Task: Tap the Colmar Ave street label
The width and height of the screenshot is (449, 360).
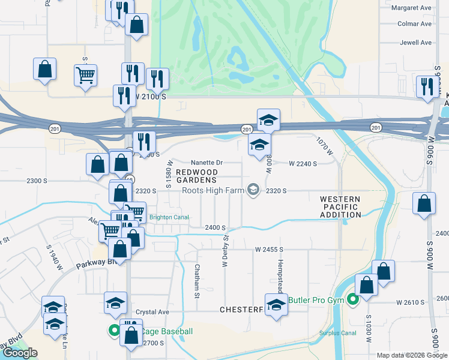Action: tap(414, 24)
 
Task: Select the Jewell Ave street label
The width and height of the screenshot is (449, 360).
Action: tap(414, 43)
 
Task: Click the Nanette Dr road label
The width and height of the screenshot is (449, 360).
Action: tap(206, 163)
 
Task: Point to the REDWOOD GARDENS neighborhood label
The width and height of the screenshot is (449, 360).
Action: tap(196, 176)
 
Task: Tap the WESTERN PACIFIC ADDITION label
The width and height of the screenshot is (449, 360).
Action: tap(340, 206)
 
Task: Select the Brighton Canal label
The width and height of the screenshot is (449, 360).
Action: tap(169, 217)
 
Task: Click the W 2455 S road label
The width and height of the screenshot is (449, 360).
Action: tap(268, 248)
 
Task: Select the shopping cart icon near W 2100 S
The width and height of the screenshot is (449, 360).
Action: tap(85, 76)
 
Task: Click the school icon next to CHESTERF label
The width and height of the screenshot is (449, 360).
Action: tap(276, 304)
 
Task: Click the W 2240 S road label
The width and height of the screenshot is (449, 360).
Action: tap(302, 163)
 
